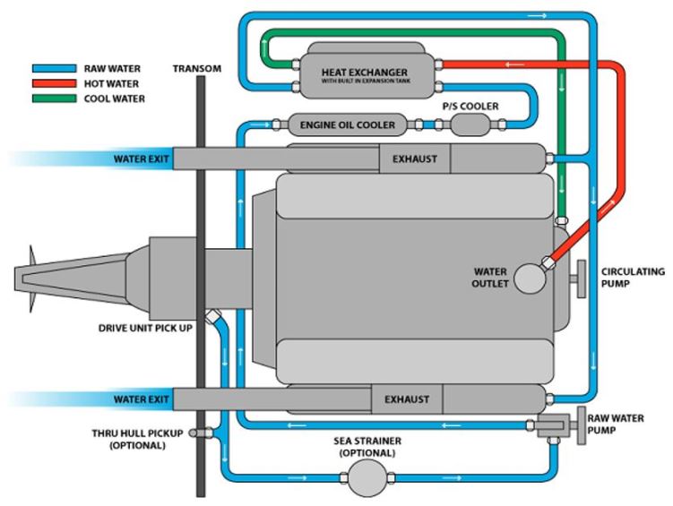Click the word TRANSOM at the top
[196, 67]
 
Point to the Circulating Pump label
[633, 277]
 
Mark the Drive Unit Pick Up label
[150, 327]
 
